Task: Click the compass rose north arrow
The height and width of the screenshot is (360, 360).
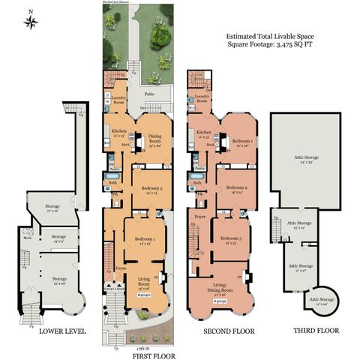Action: pyautogui.click(x=31, y=21)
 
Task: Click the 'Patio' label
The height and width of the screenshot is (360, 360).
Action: pyautogui.click(x=148, y=94)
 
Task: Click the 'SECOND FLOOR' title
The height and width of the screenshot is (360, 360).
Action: pyautogui.click(x=229, y=331)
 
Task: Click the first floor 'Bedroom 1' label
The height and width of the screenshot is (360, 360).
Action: pyautogui.click(x=144, y=241)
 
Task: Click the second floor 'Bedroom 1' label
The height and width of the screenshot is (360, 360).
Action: pyautogui.click(x=241, y=142)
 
